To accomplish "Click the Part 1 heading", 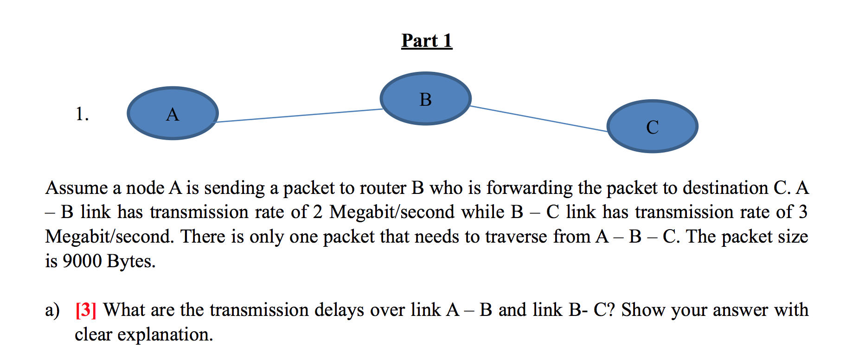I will tap(427, 41).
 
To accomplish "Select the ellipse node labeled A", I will tap(173, 113).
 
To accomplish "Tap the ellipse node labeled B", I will tap(425, 98).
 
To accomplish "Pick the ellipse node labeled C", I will tap(652, 126).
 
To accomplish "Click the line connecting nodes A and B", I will tap(299, 116).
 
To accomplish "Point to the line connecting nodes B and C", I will tap(538, 119).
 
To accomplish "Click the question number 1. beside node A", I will tap(82, 114).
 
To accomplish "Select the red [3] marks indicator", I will tap(86, 310).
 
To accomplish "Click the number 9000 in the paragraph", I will tap(82, 261).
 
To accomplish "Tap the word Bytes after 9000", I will tap(131, 262).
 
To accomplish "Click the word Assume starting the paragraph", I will tap(77, 188).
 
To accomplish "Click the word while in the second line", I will tap(482, 212).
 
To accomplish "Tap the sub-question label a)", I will tap(52, 310).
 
